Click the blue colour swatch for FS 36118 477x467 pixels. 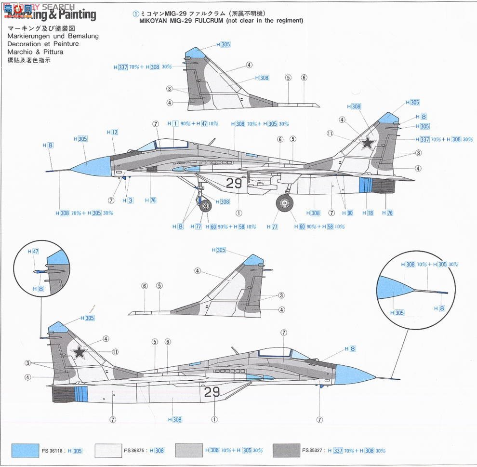coord(25,451)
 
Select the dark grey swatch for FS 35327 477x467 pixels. coord(286,451)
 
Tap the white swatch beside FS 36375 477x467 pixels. coord(108,451)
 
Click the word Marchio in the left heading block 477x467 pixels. coord(21,52)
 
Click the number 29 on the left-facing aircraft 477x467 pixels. coord(234,183)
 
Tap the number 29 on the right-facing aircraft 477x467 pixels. coord(212,392)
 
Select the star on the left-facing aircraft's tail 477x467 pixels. coord(368,142)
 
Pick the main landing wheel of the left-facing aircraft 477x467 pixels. coord(285,203)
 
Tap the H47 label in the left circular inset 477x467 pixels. coord(33,252)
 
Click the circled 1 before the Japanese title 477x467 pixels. coord(135,13)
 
